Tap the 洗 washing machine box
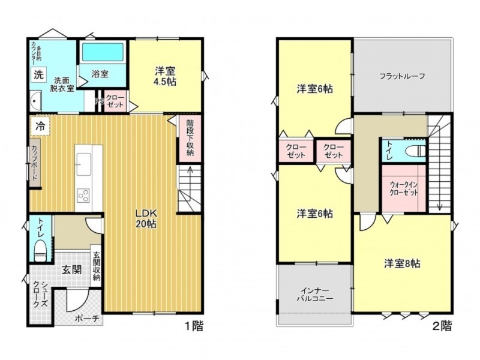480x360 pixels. pos(38,74)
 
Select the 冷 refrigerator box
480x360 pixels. pos(40,126)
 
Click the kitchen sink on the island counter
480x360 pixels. pos(83,164)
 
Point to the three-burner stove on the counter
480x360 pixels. pos(83,196)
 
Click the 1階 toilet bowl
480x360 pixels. pos(40,250)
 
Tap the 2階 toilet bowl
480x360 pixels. pos(415,151)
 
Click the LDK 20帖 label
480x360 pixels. pos(146,218)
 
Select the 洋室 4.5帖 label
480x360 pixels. pos(165,76)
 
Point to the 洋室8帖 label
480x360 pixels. pos(402,263)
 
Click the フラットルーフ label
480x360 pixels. pos(402,76)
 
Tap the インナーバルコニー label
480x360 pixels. pos(315,295)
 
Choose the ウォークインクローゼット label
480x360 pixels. pos(404,188)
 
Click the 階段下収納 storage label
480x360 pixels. pos(190,137)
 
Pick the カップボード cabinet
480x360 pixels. pos(34,163)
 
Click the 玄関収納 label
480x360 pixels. pos(97,266)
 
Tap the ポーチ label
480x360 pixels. pos(87,319)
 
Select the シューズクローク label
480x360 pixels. pos(40,294)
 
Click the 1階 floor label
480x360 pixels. pos(193,326)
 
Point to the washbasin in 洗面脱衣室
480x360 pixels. pos(35,100)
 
